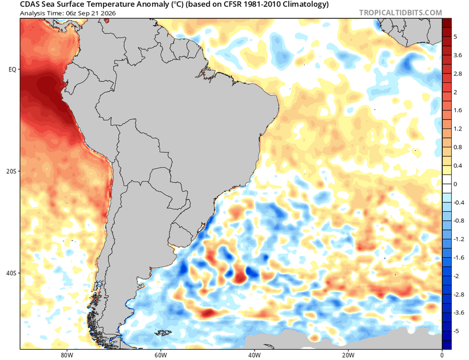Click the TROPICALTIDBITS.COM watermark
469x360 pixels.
pos(400,13)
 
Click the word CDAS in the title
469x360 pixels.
pos(29,5)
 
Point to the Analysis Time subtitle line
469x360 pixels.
pos(68,13)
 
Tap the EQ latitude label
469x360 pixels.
pos(12,69)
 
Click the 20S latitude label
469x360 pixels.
pos(11,171)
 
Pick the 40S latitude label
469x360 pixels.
pos(11,273)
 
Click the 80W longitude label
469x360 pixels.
pos(66,355)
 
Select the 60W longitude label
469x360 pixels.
pos(160,355)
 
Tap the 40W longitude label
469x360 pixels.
pos(255,355)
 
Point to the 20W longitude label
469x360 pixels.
pos(348,355)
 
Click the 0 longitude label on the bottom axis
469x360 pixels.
pos(442,355)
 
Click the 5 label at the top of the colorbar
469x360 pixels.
pos(455,37)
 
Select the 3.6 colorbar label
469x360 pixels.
pos(458,56)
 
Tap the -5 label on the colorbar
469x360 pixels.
pos(456,331)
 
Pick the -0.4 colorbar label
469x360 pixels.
pos(459,203)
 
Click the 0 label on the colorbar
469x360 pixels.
pos(455,184)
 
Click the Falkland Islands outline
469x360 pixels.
pos(163,333)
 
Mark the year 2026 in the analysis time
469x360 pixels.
pos(109,13)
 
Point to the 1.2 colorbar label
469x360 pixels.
pos(458,129)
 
